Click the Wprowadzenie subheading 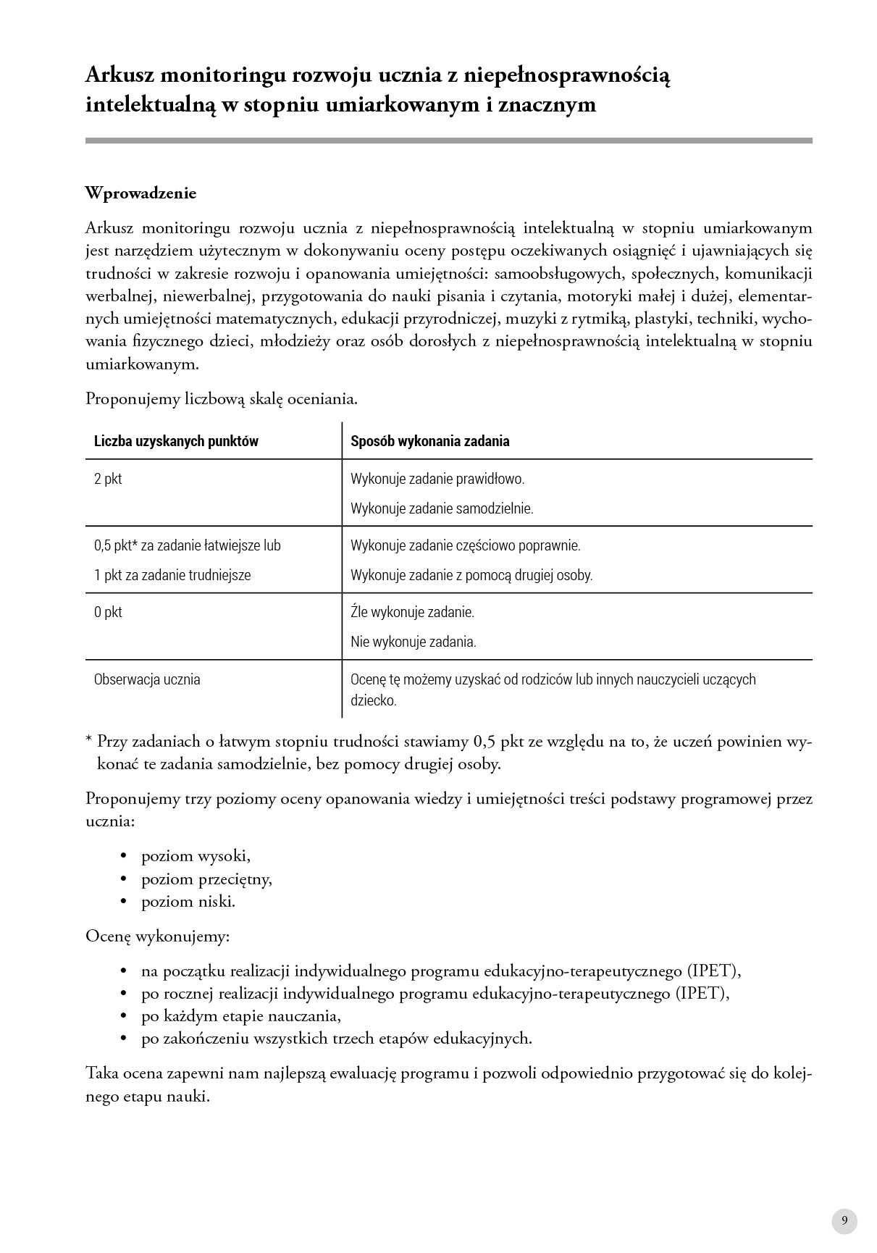(140, 193)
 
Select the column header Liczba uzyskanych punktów (176, 441)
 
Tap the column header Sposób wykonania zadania (429, 441)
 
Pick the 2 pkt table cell (108, 479)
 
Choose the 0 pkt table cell (108, 612)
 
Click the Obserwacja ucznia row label (147, 679)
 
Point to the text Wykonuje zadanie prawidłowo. (437, 479)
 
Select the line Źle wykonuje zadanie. (412, 612)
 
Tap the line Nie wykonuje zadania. (414, 642)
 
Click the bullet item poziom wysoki (196, 856)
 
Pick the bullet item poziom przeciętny (206, 879)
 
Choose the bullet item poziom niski (188, 902)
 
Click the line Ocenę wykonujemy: (157, 936)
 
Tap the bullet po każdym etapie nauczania (240, 1015)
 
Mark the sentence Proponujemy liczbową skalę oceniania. (222, 399)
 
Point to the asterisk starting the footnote (89, 739)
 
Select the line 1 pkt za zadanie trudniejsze (172, 575)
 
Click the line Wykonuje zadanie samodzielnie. (442, 508)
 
